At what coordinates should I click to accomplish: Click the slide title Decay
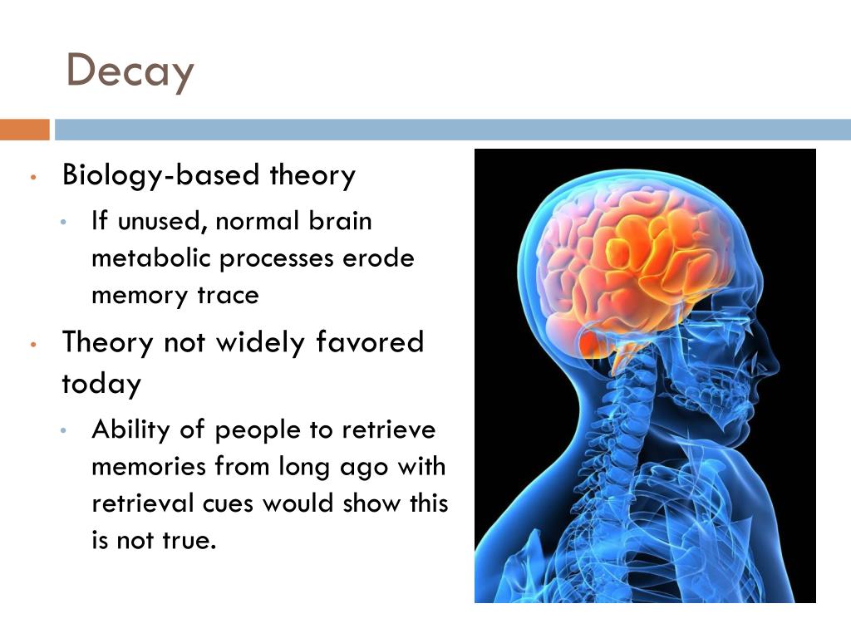130,71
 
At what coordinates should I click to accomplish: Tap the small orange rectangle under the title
25,130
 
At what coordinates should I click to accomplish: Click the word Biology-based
162,176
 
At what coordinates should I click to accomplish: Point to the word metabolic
152,259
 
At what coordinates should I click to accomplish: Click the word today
101,384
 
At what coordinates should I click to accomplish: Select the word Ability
130,430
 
